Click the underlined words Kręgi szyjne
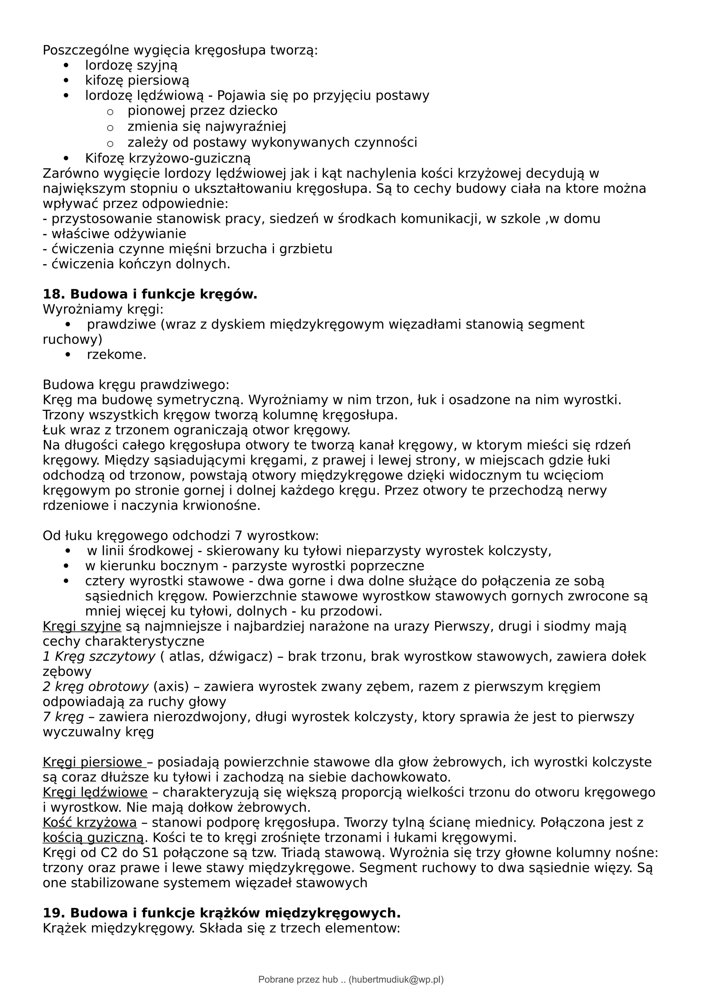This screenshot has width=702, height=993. coord(82,626)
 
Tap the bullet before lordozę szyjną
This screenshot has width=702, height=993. coord(66,66)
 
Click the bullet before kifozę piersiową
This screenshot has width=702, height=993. coord(66,81)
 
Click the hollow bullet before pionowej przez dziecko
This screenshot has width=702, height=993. coord(110,112)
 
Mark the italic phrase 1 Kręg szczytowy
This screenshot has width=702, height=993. coord(99,657)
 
